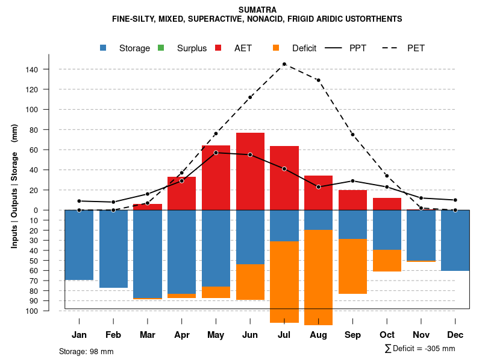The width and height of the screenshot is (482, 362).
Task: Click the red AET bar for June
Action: [x=250, y=171]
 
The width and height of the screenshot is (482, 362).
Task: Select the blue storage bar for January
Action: [x=79, y=245]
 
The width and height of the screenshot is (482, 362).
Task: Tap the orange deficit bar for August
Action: [x=318, y=278]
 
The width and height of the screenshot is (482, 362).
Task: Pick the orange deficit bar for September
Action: [x=352, y=266]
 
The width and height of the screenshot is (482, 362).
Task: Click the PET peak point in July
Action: [x=284, y=64]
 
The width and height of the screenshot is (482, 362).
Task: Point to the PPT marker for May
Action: [x=216, y=153]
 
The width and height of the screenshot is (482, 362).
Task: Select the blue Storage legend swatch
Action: [x=104, y=48]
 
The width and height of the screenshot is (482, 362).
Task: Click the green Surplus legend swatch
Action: [x=161, y=48]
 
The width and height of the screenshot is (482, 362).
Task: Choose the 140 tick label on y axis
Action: [x=32, y=69]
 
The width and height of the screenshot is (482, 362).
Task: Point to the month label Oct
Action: [x=387, y=335]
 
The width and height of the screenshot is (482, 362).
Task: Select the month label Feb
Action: [x=113, y=335]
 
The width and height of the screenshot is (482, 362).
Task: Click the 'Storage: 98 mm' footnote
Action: [x=86, y=351]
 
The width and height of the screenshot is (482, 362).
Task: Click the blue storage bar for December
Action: [x=455, y=240]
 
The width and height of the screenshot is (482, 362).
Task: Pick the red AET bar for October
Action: [x=387, y=204]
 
